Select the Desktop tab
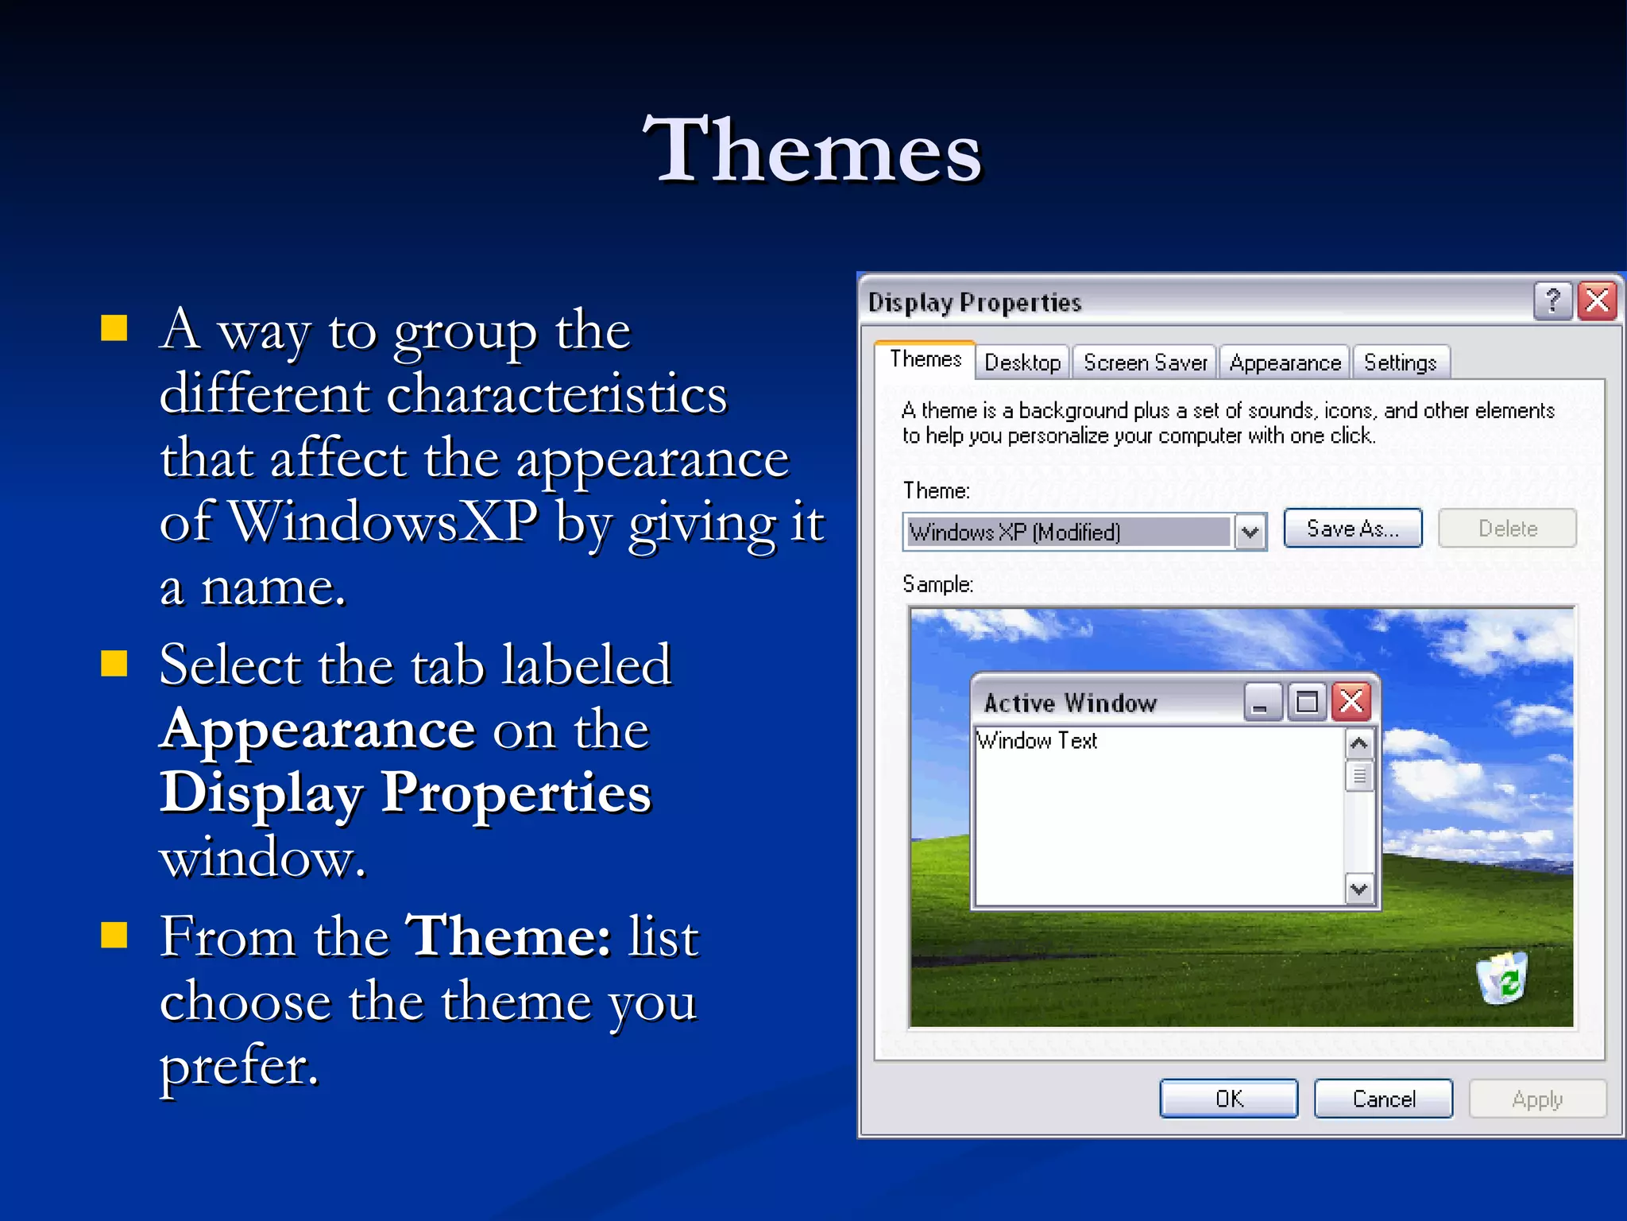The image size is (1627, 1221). (1022, 362)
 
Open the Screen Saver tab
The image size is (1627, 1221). (1145, 362)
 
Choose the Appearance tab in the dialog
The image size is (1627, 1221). (1285, 362)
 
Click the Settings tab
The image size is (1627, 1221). (1400, 362)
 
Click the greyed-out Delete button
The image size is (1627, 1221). (1507, 529)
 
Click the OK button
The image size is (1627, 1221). (1228, 1099)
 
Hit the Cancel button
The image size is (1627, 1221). (1383, 1099)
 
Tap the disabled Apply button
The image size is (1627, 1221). (1537, 1099)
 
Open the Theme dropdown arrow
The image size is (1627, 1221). (1250, 532)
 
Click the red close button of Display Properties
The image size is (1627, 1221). (1598, 301)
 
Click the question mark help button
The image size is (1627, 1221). (1552, 301)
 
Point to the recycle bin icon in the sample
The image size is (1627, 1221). (1501, 978)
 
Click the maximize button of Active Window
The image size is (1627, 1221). (1307, 702)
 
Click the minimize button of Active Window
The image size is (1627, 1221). (1262, 702)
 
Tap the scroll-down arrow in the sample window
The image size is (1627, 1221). (1358, 888)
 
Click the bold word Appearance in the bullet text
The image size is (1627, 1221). (317, 729)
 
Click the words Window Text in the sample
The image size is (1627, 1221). (1037, 741)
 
